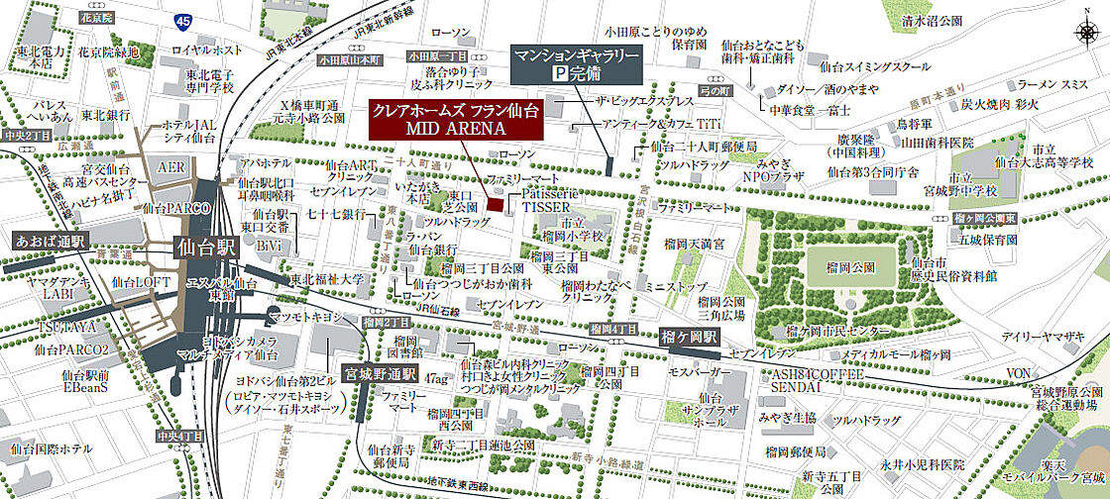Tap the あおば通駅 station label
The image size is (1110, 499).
coord(51,241)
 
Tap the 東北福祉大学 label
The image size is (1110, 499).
coord(328,280)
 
